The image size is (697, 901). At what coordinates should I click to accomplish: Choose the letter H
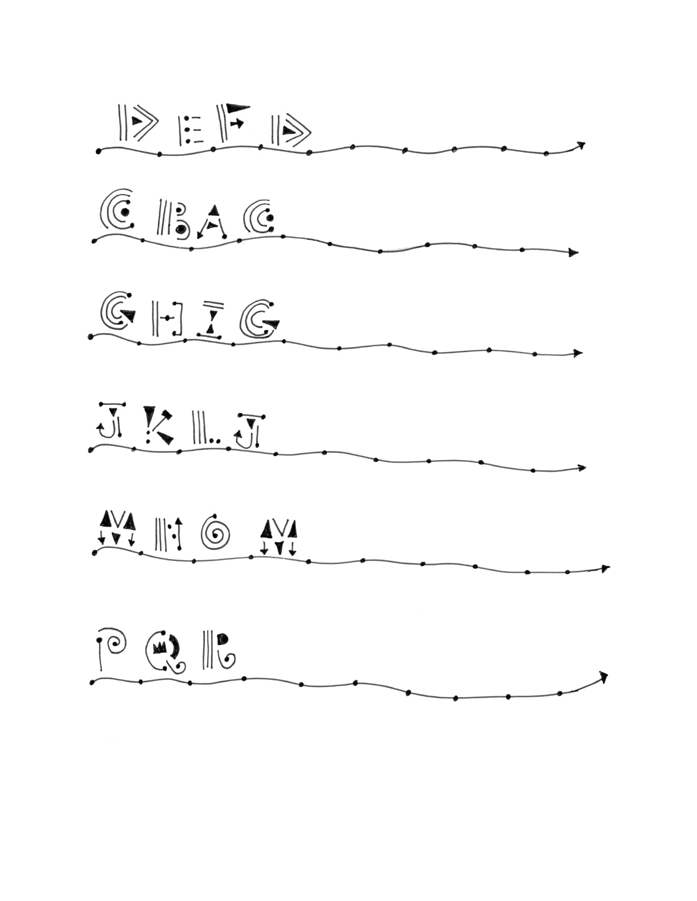point(166,319)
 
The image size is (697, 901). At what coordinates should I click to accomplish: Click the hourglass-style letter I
point(211,319)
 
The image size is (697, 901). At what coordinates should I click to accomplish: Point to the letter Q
point(163,650)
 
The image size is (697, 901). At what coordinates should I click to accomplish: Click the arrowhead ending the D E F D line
point(580,144)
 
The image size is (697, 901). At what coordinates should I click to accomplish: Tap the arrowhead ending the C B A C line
point(574,253)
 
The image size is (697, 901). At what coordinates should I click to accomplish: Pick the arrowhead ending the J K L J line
point(581,468)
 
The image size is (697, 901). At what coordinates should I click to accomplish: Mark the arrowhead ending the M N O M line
point(605,568)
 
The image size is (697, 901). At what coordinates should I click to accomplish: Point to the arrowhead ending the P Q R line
point(603,677)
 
